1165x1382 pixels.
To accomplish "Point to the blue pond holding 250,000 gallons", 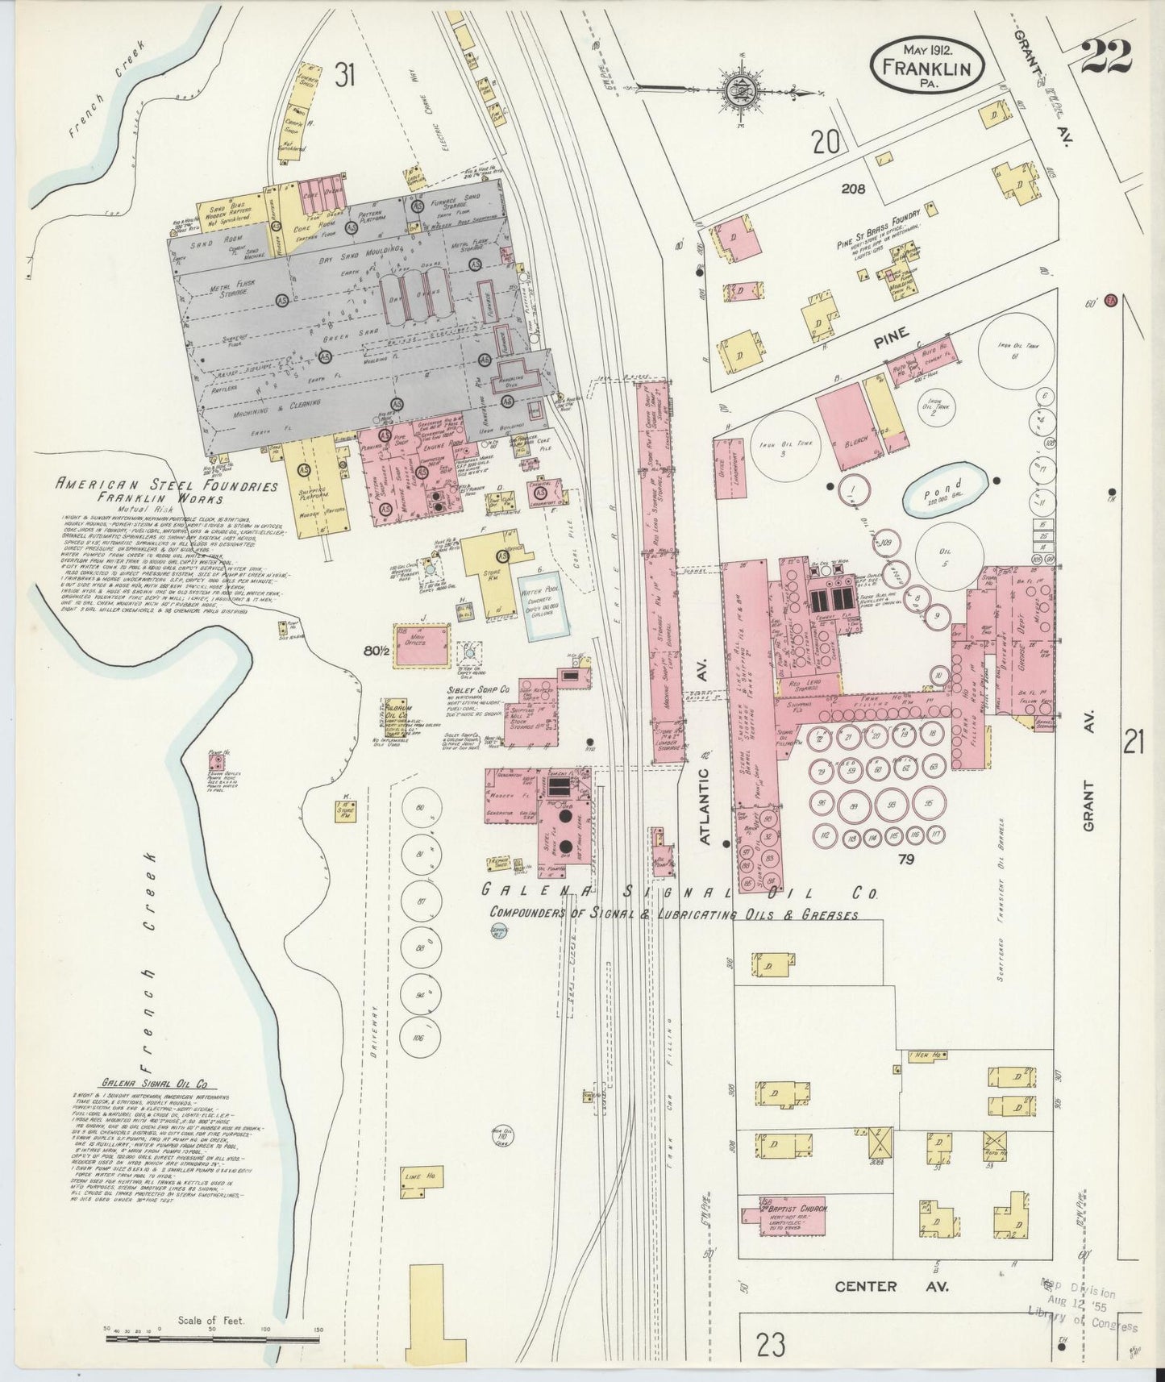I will [x=945, y=489].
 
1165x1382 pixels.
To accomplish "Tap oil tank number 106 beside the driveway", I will [x=417, y=1036].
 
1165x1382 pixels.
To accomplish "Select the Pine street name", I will [x=891, y=333].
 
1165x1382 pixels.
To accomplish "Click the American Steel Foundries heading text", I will [x=167, y=486].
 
